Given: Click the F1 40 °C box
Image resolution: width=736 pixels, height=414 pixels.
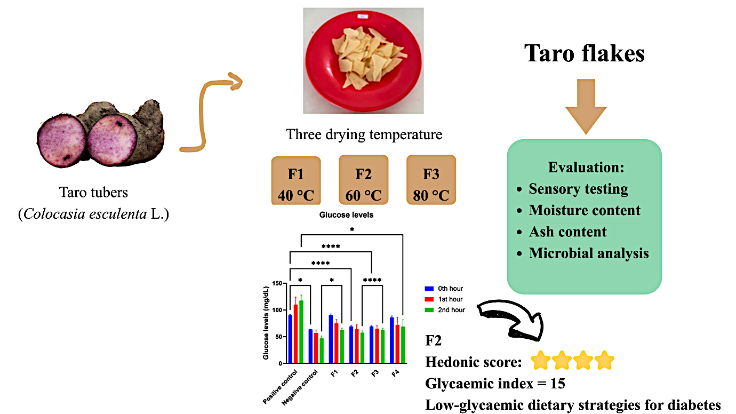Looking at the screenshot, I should [295, 180].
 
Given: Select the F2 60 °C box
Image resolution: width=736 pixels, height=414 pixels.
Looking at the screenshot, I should [363, 180].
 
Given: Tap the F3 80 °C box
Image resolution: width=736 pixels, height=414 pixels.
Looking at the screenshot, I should [431, 180].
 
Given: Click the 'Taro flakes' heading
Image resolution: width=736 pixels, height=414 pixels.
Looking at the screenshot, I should [585, 53].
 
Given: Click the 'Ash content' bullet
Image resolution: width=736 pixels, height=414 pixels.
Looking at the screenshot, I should [567, 232].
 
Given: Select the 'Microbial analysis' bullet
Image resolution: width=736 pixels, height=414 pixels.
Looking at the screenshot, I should [588, 253].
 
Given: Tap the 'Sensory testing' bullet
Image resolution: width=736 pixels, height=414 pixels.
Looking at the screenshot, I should [578, 189].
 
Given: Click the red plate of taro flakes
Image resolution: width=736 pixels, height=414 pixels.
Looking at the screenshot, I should [363, 60].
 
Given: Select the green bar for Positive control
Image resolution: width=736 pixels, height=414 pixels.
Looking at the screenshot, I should [301, 331].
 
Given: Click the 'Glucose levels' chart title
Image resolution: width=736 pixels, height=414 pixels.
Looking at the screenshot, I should [346, 215].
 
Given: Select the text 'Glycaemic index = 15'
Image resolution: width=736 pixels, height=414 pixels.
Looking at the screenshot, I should [495, 383].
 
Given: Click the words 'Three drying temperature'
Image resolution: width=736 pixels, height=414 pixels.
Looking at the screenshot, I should [364, 134].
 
